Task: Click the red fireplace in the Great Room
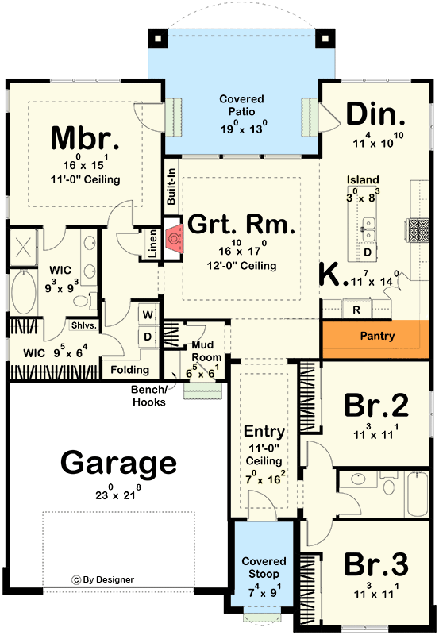coord(174,240)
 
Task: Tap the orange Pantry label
coord(377,336)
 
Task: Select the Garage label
coord(118,463)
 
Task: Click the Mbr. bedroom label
coord(85,138)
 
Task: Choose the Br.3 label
coord(376,564)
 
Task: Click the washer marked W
coord(148,314)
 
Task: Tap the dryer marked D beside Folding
coord(148,337)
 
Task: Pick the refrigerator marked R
coord(356,310)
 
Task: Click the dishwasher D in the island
coord(368,252)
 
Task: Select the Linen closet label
coord(152,244)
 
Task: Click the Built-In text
coord(171,187)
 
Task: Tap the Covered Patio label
coord(242,105)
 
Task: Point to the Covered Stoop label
coord(264,568)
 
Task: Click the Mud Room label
coord(206,351)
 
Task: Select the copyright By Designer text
coord(103,580)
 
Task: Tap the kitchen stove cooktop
coord(418,229)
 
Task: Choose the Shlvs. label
coord(84,325)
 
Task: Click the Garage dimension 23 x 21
coord(118,493)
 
